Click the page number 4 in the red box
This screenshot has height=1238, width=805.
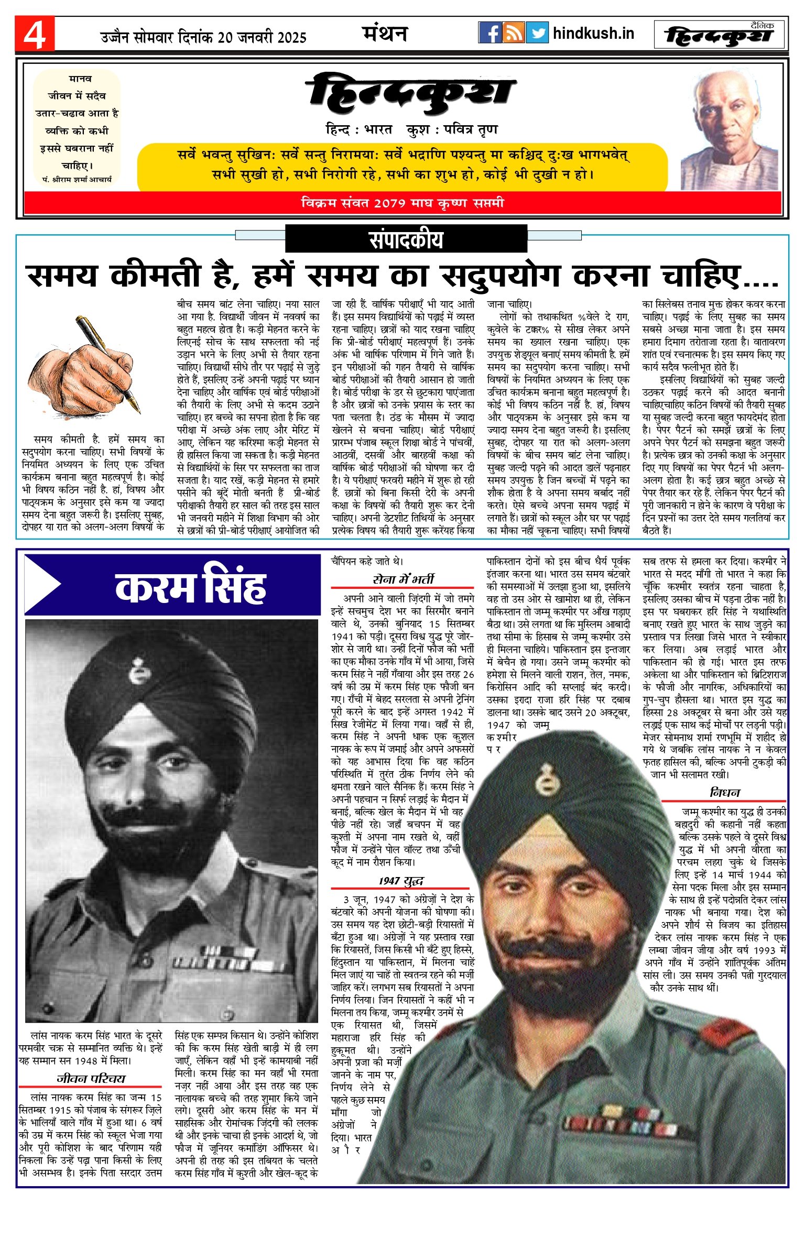click(35, 35)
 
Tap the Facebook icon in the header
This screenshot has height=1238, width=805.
click(490, 33)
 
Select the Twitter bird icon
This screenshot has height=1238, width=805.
click(537, 33)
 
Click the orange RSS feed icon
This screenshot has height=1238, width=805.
click(514, 33)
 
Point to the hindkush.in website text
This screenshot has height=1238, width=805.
click(593, 34)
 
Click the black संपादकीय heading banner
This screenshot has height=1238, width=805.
click(406, 239)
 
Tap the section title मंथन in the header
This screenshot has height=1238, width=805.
click(385, 34)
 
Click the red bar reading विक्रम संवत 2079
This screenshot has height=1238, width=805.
click(402, 203)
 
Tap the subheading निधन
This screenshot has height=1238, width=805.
click(725, 793)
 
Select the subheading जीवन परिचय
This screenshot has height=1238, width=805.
click(91, 1079)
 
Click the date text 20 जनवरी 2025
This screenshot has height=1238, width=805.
click(262, 37)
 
